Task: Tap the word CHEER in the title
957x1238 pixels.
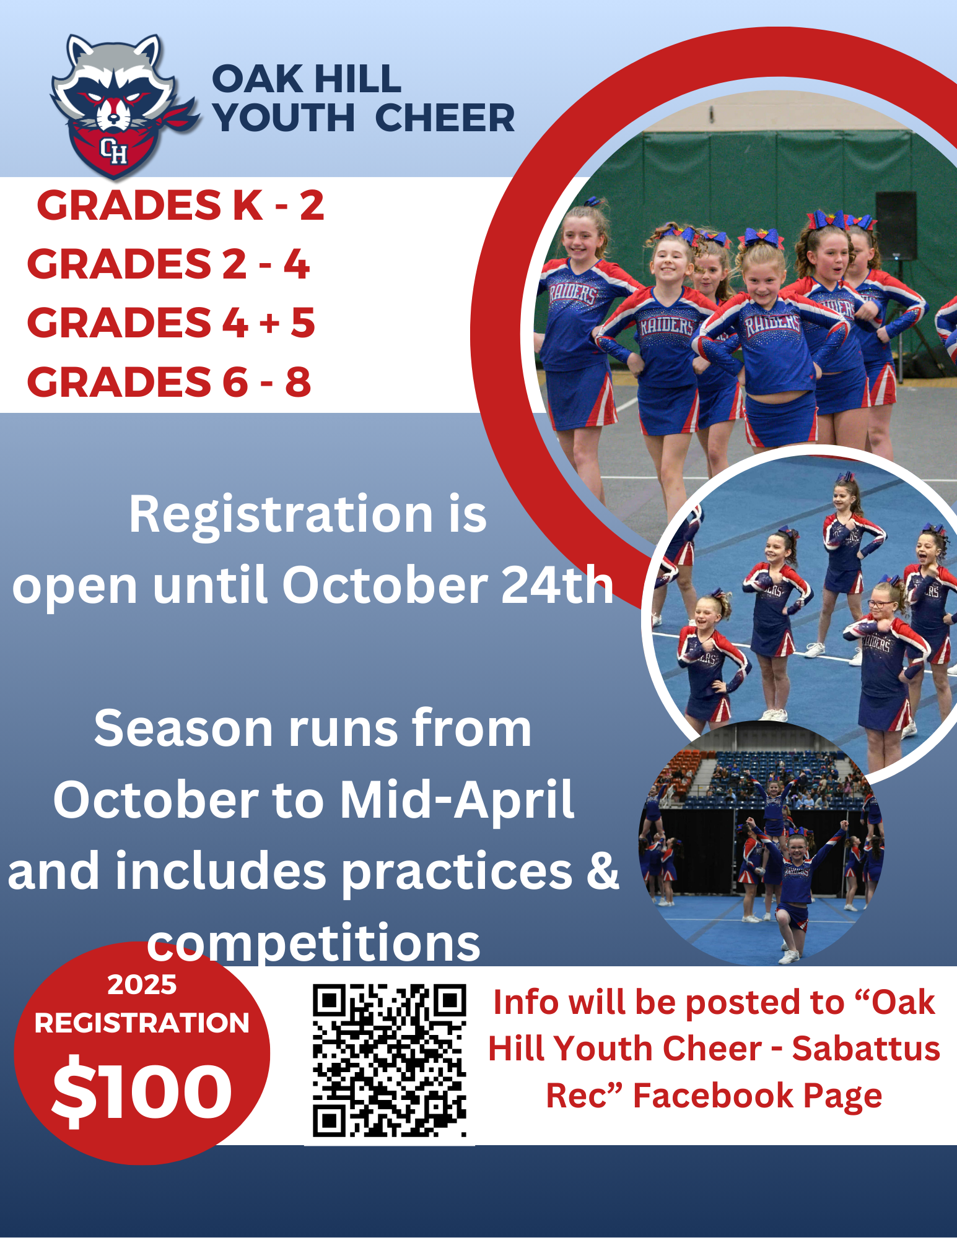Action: click(445, 118)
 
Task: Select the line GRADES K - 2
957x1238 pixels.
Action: click(180, 206)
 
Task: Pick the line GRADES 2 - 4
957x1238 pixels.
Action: click(168, 264)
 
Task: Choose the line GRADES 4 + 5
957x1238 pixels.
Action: click(171, 322)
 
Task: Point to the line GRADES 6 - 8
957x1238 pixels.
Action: click(169, 382)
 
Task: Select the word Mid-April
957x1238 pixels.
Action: click(457, 800)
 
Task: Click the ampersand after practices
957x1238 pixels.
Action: click(603, 870)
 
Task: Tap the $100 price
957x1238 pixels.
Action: click(142, 1091)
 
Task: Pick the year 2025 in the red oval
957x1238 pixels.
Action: click(142, 984)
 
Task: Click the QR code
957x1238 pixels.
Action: click(389, 1060)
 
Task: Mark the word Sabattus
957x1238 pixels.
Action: click(866, 1049)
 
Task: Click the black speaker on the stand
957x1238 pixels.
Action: click(896, 225)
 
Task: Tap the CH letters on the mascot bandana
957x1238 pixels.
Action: click(114, 150)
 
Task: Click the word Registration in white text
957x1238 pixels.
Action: click(281, 515)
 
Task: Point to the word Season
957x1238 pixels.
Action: click(183, 729)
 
